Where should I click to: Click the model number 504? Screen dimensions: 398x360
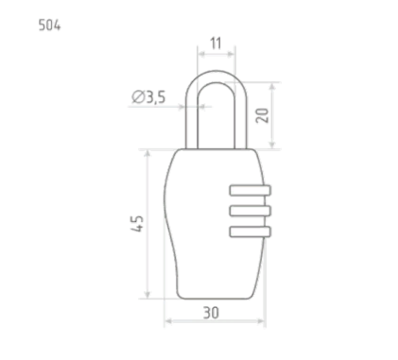tap(49, 26)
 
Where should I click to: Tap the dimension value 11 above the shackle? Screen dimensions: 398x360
tap(216, 43)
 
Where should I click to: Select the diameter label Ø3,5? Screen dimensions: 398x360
tap(148, 97)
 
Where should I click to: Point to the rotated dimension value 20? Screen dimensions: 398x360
tap(262, 115)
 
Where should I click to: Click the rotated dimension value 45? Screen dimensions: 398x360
tap(137, 224)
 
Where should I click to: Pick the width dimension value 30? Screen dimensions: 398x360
tap(211, 313)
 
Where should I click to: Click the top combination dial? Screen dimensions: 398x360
tap(251, 190)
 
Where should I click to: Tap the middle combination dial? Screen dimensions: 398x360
tap(251, 211)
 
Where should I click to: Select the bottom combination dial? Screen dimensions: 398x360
tap(251, 231)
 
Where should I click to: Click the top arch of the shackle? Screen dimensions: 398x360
tap(216, 77)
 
